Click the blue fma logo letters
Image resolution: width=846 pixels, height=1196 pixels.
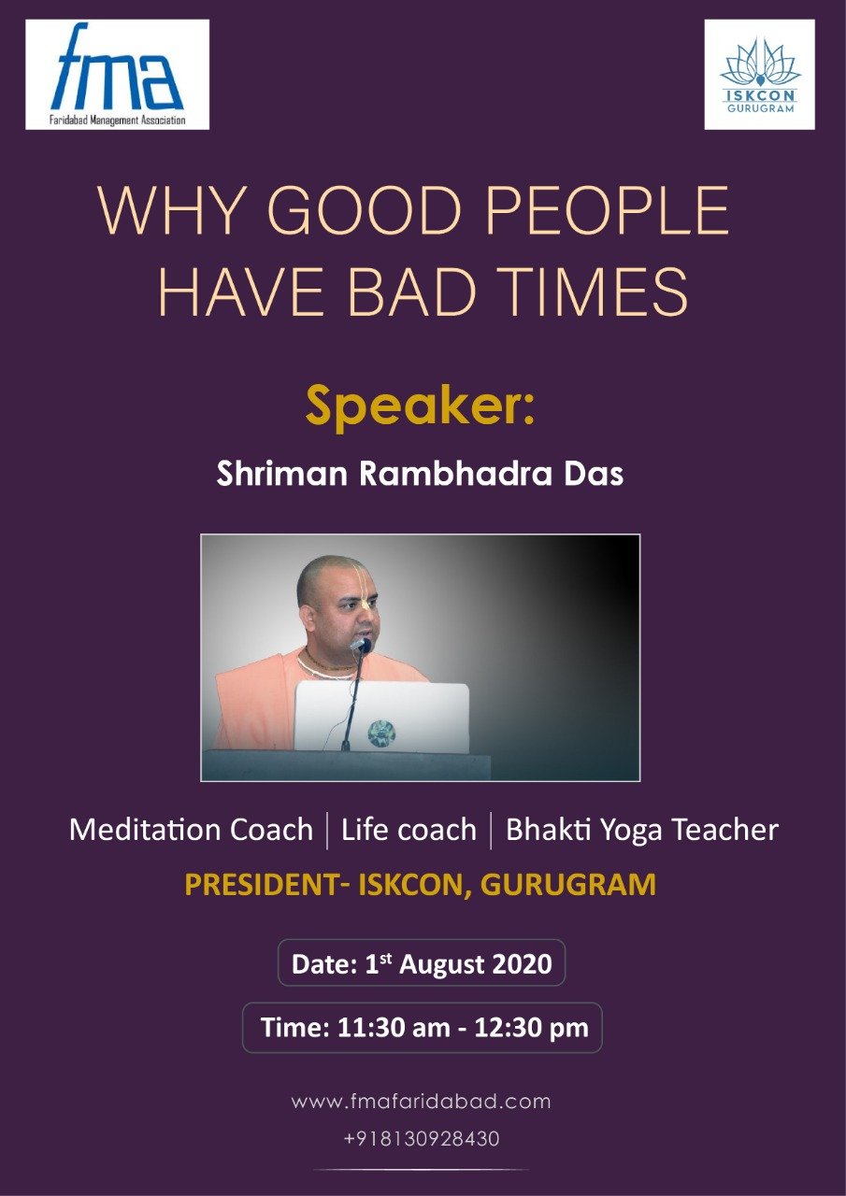click(117, 66)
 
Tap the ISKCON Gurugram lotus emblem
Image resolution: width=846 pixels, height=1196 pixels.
click(759, 63)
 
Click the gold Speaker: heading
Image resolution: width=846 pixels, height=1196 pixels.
click(420, 406)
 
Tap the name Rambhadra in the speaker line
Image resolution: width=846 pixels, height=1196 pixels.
click(455, 473)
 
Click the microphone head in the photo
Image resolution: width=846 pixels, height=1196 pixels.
click(361, 646)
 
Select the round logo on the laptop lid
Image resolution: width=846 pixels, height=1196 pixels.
click(381, 733)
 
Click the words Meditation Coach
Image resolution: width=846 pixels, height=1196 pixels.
click(191, 830)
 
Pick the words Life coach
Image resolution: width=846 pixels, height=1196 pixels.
click(409, 830)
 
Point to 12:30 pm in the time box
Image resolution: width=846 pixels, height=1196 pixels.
click(531, 1028)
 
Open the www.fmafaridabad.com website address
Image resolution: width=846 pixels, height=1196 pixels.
click(421, 1102)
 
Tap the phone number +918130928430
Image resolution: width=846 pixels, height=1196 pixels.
click(422, 1139)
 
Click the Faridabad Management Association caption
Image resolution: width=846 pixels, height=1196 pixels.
click(117, 120)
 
